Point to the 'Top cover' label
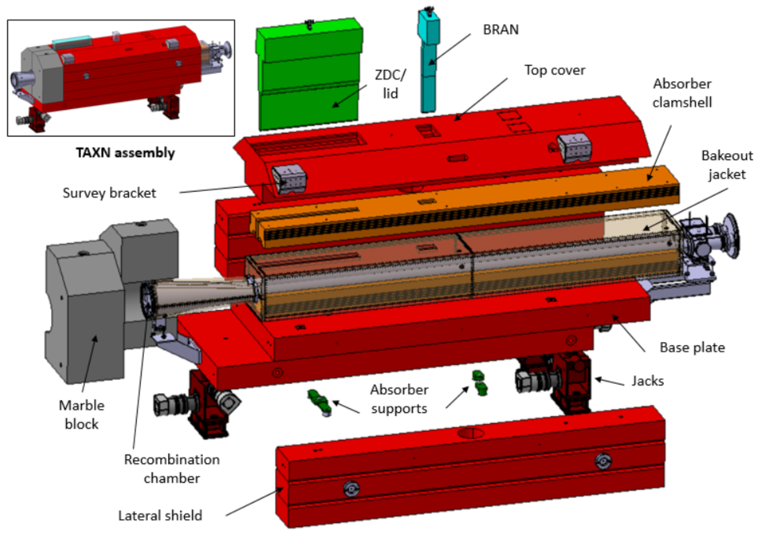[x=555, y=70]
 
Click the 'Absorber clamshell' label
[x=682, y=93]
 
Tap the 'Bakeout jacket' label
[x=727, y=165]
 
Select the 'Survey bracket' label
[x=109, y=193]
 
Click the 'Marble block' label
[x=81, y=415]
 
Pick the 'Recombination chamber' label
[x=172, y=469]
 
